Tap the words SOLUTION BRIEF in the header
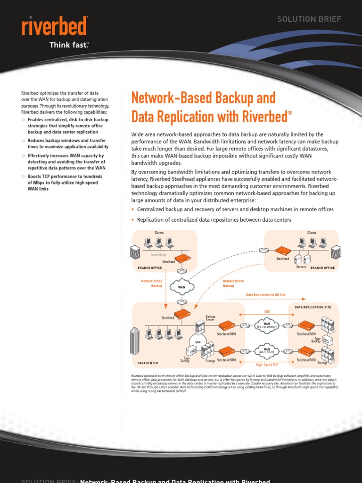pos(309,19)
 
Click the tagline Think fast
pos(69,45)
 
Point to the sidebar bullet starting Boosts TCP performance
pos(65,183)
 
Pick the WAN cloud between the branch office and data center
pos(181,286)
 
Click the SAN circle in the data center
pos(197,342)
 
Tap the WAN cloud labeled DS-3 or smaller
pos(267,325)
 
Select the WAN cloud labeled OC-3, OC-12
pos(267,351)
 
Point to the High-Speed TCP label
pos(267,365)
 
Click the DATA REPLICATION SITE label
pos(313,307)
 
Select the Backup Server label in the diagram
pos(210,318)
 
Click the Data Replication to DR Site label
pos(266,295)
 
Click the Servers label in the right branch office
pos(301,267)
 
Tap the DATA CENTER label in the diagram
pos(148,363)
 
